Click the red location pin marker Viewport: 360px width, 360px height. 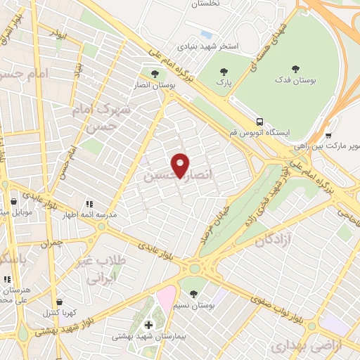point(181,166)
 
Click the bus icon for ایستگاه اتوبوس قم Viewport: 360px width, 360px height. point(260,121)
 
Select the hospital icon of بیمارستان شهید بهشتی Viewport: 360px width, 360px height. point(148,324)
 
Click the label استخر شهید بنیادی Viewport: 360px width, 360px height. point(210,46)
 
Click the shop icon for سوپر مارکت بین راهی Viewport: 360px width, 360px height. point(328,136)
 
